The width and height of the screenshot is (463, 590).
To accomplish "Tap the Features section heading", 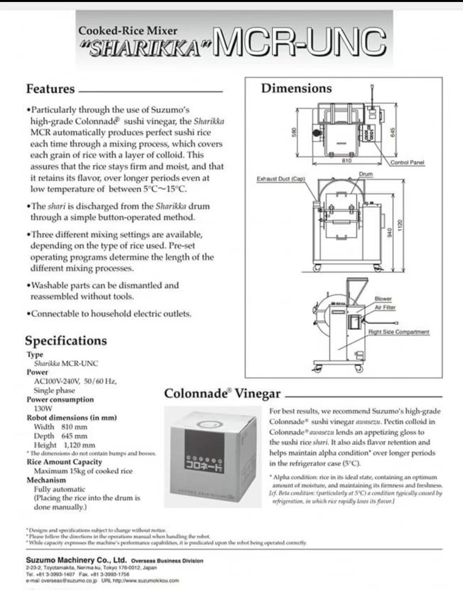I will click(50, 89).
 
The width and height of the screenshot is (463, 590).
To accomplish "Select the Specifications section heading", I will click(66, 341).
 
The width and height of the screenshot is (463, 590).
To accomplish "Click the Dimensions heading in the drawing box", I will click(296, 88).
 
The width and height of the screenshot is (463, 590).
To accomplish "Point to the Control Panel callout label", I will click(407, 162).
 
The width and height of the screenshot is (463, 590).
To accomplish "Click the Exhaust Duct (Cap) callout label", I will click(281, 179).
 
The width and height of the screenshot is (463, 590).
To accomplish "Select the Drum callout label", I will click(366, 174).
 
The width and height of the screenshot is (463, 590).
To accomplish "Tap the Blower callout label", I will click(383, 299).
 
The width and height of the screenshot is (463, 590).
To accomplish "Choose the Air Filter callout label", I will click(385, 307).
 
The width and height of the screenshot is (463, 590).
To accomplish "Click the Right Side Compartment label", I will click(398, 332).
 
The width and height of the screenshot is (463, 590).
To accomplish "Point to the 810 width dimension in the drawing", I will click(347, 160).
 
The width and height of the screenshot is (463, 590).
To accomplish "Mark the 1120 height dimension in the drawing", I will click(400, 225).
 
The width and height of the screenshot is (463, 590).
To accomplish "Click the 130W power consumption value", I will click(43, 409).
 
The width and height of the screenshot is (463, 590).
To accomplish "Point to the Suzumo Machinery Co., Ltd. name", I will click(76, 560).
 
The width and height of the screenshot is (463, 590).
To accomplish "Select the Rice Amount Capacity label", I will click(64, 462).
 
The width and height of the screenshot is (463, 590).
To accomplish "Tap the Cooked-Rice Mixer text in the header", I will click(127, 31).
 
